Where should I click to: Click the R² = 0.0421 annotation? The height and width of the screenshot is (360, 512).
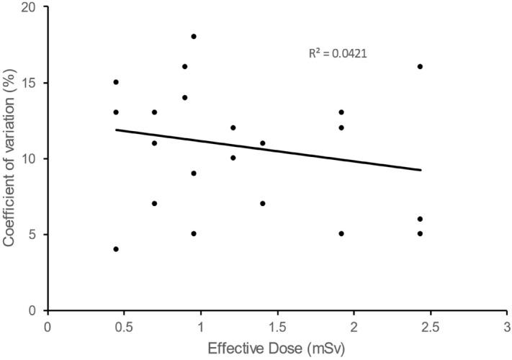[338, 53]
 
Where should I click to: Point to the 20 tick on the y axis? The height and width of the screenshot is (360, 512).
[32, 7]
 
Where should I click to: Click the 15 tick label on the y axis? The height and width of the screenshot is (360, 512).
[32, 83]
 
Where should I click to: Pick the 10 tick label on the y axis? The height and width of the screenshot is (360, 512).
[32, 158]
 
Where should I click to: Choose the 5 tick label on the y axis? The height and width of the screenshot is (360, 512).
[35, 235]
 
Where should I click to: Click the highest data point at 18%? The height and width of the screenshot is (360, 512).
[194, 36]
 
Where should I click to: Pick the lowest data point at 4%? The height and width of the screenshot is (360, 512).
[116, 249]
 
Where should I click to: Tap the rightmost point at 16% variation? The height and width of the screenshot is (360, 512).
[420, 66]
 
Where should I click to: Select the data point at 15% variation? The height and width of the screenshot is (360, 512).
[116, 82]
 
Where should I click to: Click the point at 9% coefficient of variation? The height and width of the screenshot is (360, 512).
[194, 173]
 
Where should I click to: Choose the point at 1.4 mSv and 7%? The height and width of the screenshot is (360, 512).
[263, 203]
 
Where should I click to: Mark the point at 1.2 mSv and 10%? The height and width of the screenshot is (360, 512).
[233, 158]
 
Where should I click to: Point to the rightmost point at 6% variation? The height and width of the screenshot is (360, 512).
[420, 219]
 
